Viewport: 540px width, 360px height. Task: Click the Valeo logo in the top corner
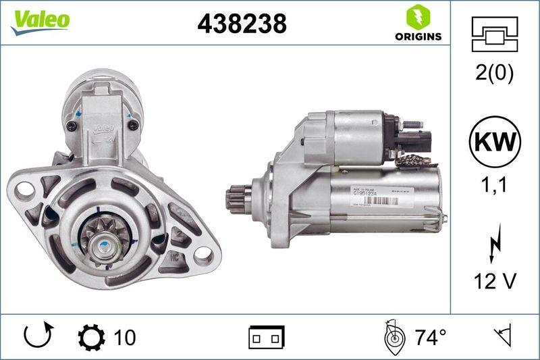tap(40, 20)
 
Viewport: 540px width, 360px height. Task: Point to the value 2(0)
tap(495, 73)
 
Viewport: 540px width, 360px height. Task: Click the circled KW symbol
tap(495, 142)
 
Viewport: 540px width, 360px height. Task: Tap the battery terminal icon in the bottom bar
tap(267, 336)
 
